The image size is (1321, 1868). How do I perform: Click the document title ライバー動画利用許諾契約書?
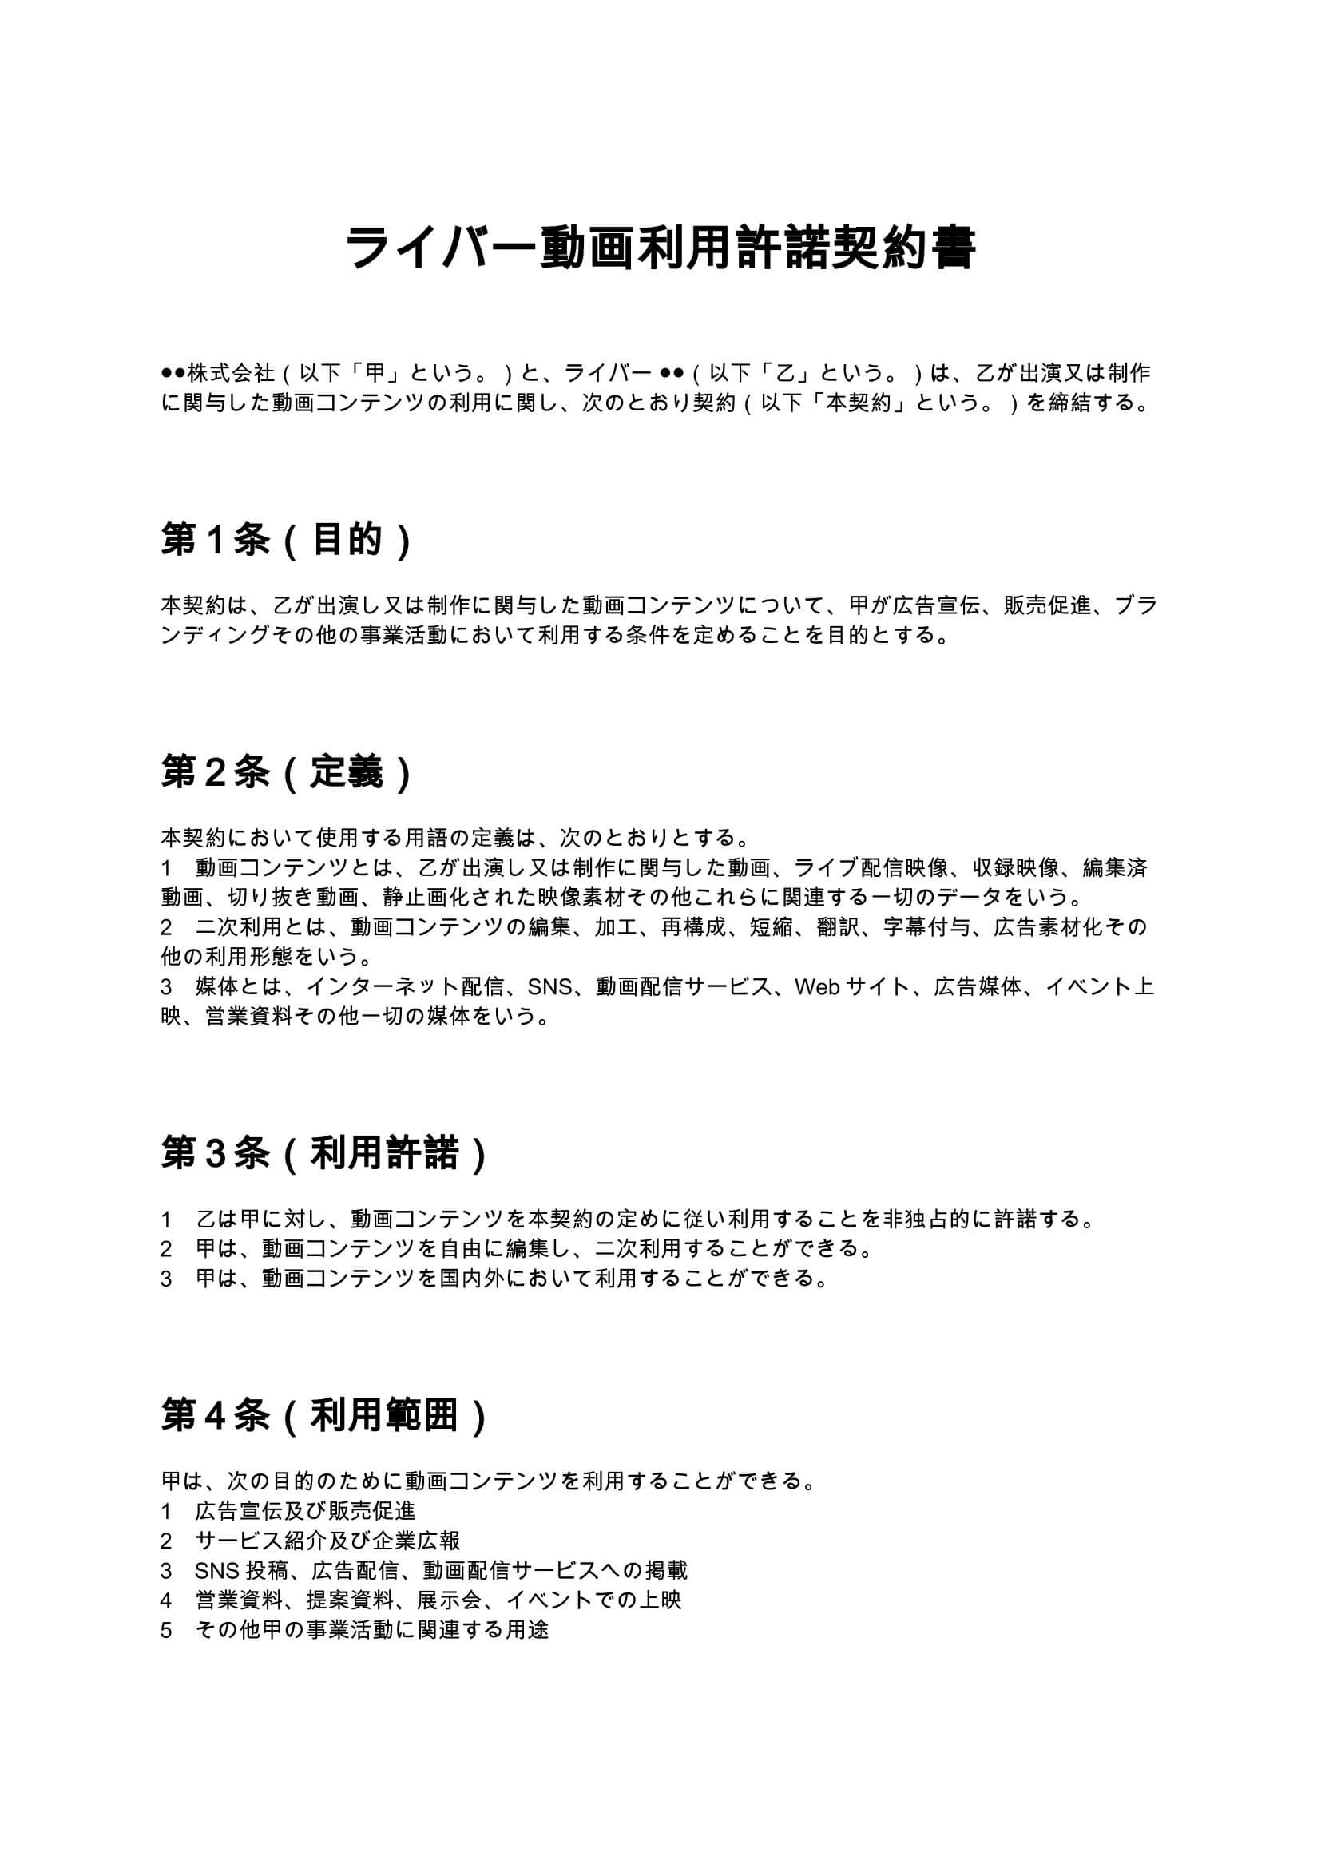pyautogui.click(x=660, y=248)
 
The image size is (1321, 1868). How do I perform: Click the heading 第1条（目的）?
pyautogui.click(x=287, y=538)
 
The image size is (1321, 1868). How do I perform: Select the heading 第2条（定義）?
pyautogui.click(x=287, y=771)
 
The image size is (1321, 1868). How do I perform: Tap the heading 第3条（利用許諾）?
pyautogui.click(x=323, y=1153)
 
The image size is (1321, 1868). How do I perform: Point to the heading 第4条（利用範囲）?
pyautogui.click(x=323, y=1415)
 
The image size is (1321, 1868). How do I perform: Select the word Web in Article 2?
pyautogui.click(x=816, y=988)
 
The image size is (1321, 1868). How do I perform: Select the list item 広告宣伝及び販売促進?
pyautogui.click(x=306, y=1511)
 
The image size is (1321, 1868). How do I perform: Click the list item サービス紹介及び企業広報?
pyautogui.click(x=327, y=1541)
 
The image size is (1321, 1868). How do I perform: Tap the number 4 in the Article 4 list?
pyautogui.click(x=166, y=1600)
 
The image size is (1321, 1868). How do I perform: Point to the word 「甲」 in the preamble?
pyautogui.click(x=374, y=374)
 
